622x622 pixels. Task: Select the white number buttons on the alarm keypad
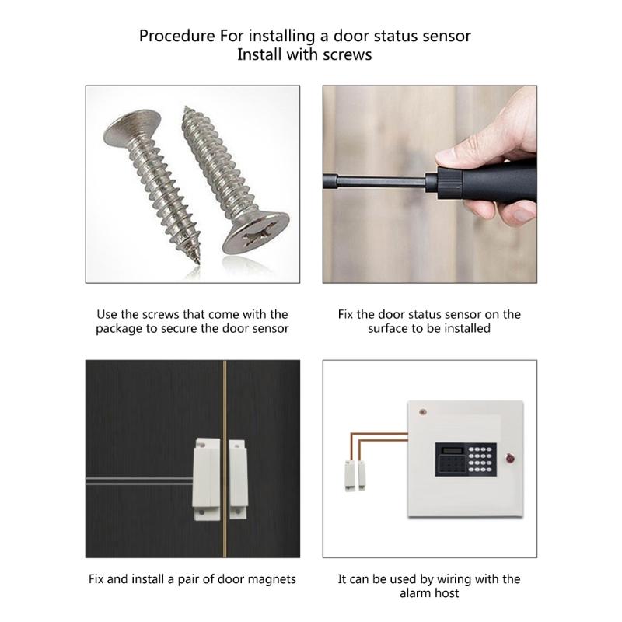click(x=480, y=459)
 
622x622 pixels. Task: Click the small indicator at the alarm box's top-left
click(x=422, y=410)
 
